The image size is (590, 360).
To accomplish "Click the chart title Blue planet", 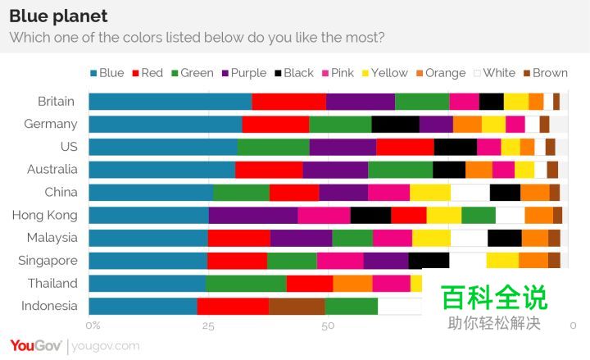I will click(x=58, y=16).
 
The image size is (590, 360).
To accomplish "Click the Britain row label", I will click(x=57, y=102).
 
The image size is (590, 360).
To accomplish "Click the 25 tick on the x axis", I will click(x=208, y=326).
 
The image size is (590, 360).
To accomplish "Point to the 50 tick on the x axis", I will click(x=328, y=326).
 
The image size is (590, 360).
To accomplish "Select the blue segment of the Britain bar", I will click(x=170, y=102).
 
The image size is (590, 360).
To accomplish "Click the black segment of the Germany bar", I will click(x=395, y=125).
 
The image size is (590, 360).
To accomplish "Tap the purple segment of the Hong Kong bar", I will click(x=252, y=215).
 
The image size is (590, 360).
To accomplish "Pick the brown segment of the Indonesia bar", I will click(x=297, y=306).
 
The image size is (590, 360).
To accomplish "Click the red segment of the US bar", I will click(x=405, y=147).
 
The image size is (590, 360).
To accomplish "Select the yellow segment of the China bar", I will click(x=430, y=193).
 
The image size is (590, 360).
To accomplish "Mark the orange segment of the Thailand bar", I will click(x=352, y=283).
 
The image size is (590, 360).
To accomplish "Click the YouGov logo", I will click(x=35, y=345).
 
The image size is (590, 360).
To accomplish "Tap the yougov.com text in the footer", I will click(x=106, y=346).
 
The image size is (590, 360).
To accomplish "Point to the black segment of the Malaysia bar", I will click(x=504, y=238).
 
